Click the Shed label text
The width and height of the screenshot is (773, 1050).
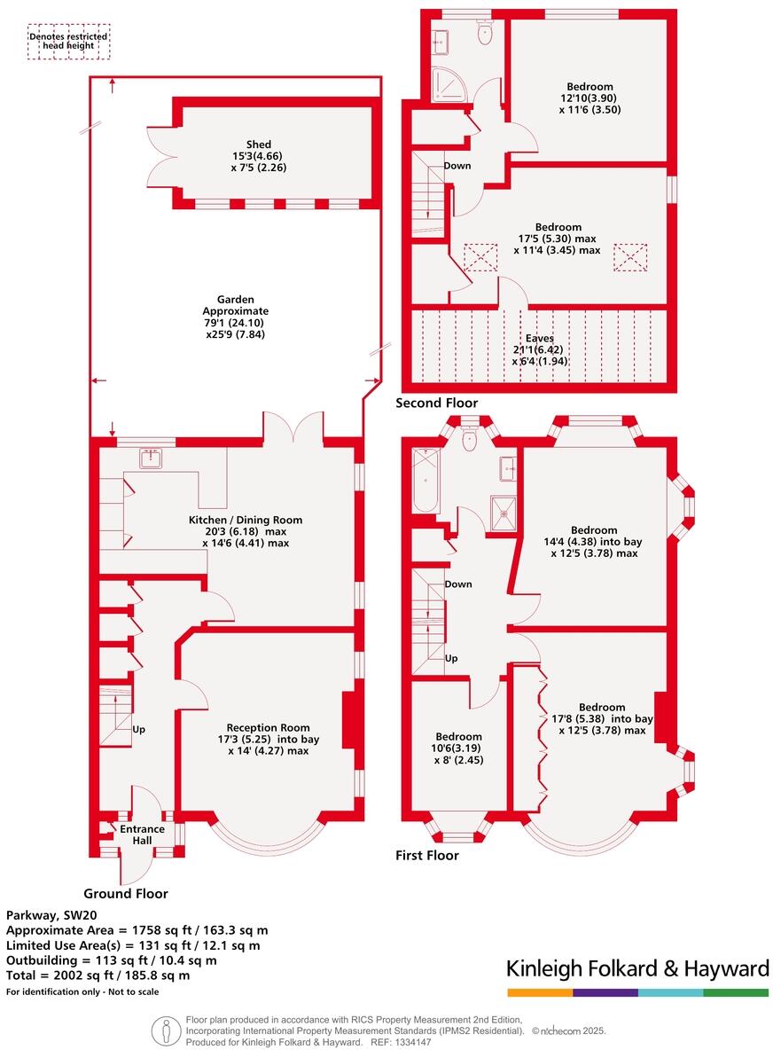tap(259, 145)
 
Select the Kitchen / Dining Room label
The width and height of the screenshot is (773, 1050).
tap(246, 520)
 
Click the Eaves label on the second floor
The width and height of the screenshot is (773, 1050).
tap(538, 338)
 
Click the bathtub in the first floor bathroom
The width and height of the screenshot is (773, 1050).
tap(425, 480)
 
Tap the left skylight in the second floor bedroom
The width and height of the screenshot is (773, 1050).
tap(480, 258)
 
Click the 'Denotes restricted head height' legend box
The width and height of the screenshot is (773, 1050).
tap(69, 42)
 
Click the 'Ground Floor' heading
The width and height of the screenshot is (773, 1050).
tap(125, 893)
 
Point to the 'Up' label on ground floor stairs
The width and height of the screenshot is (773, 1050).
tap(138, 729)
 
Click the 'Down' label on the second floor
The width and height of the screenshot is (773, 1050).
tap(457, 166)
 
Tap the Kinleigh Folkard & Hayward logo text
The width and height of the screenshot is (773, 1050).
tap(637, 968)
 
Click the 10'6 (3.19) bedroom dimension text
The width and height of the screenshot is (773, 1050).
tap(458, 748)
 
